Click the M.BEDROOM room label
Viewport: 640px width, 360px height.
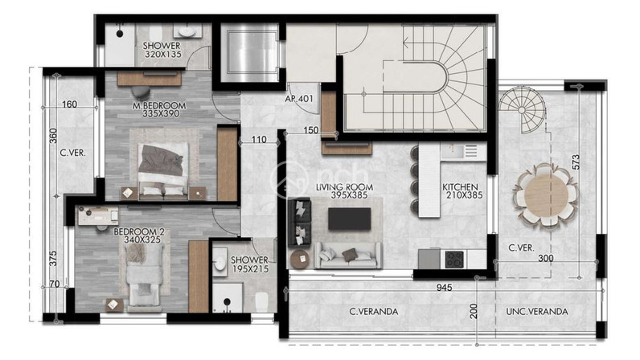159,106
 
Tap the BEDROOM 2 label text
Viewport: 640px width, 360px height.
139,232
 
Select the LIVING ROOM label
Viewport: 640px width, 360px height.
344,187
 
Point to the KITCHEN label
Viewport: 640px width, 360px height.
460,187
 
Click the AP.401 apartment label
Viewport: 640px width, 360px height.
299,98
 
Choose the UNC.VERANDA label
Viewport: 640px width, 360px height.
537,312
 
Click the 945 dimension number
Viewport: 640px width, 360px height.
444,288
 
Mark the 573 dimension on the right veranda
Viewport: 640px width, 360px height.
576,162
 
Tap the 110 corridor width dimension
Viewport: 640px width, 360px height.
259,140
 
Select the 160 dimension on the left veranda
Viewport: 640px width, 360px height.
69,104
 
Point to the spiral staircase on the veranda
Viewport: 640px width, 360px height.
522,109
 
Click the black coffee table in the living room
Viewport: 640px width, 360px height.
350,219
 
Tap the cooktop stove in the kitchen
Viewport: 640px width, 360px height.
454,259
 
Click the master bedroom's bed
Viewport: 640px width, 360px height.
164,171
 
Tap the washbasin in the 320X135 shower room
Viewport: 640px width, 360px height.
188,31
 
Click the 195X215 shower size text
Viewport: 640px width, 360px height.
250,264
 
